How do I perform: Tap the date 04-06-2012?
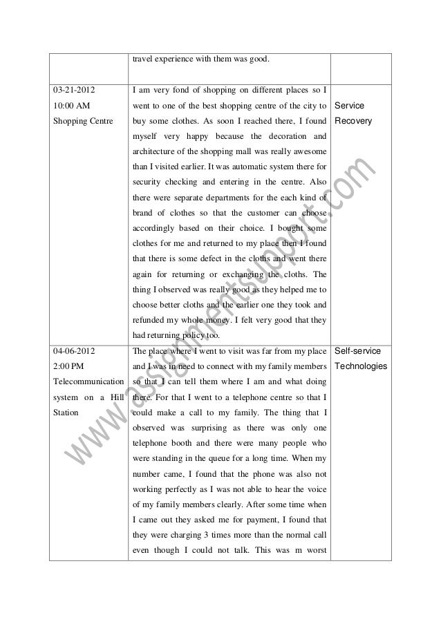point(75,352)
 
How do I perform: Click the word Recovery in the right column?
point(353,122)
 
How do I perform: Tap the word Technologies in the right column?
point(361,367)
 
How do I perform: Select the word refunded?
point(153,321)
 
